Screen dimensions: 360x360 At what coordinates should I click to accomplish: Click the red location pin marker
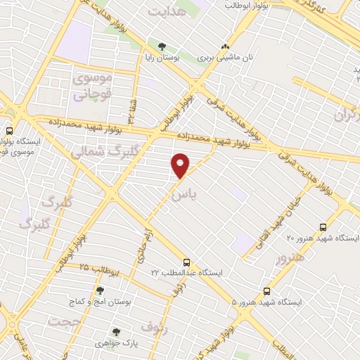coord(181,166)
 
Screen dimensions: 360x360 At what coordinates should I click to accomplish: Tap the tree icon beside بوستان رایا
coord(162,47)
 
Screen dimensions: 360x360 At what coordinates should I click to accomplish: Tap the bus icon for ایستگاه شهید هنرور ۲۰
coord(323,227)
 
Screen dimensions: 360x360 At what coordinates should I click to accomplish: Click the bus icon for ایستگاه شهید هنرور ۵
coord(266,290)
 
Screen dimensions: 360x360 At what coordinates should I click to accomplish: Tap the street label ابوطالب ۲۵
coord(98,269)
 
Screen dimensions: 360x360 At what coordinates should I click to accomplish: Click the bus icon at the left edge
coord(9,130)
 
